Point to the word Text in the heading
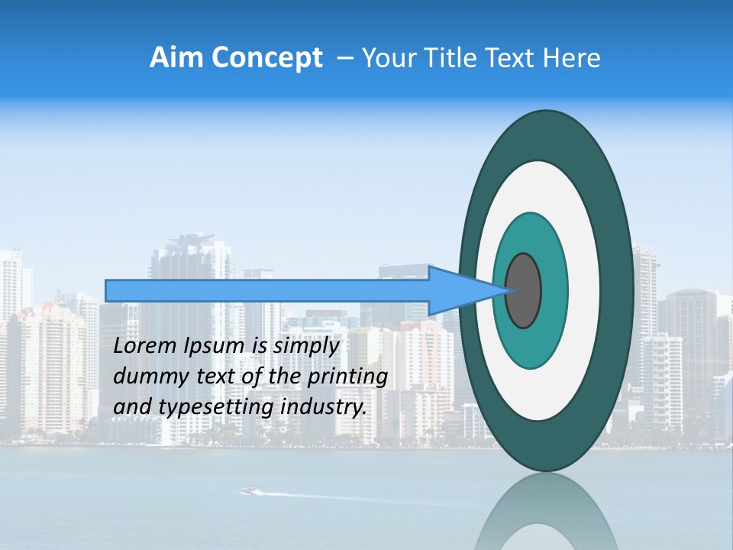point(512,57)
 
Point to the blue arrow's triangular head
point(458,290)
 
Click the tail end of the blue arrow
point(111,290)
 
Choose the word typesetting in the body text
point(217,408)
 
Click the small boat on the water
point(249,490)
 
